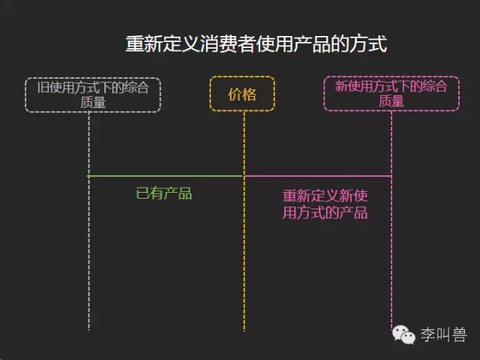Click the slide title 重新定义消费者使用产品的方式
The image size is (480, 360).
pyautogui.click(x=256, y=43)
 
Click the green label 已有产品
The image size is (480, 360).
pyautogui.click(x=163, y=193)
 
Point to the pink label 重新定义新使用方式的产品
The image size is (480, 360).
pyautogui.click(x=325, y=204)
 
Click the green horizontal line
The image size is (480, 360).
pyautogui.click(x=166, y=176)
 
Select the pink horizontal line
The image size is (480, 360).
pyautogui.click(x=318, y=176)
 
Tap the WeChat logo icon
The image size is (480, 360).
pyautogui.click(x=403, y=334)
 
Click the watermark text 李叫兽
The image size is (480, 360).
pyautogui.click(x=443, y=334)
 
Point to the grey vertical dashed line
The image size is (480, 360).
pyautogui.click(x=88, y=221)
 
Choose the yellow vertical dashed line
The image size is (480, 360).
pyautogui.click(x=244, y=221)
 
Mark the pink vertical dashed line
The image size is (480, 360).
pyautogui.click(x=391, y=220)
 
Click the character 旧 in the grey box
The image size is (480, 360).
pyautogui.click(x=43, y=87)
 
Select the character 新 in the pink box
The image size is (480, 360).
pyautogui.click(x=342, y=86)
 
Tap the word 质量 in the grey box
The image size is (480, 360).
pyautogui.click(x=93, y=102)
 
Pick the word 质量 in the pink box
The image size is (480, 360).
pyautogui.click(x=391, y=100)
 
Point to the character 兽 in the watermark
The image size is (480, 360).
pyautogui.click(x=459, y=334)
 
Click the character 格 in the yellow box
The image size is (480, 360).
pyautogui.click(x=250, y=94)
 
